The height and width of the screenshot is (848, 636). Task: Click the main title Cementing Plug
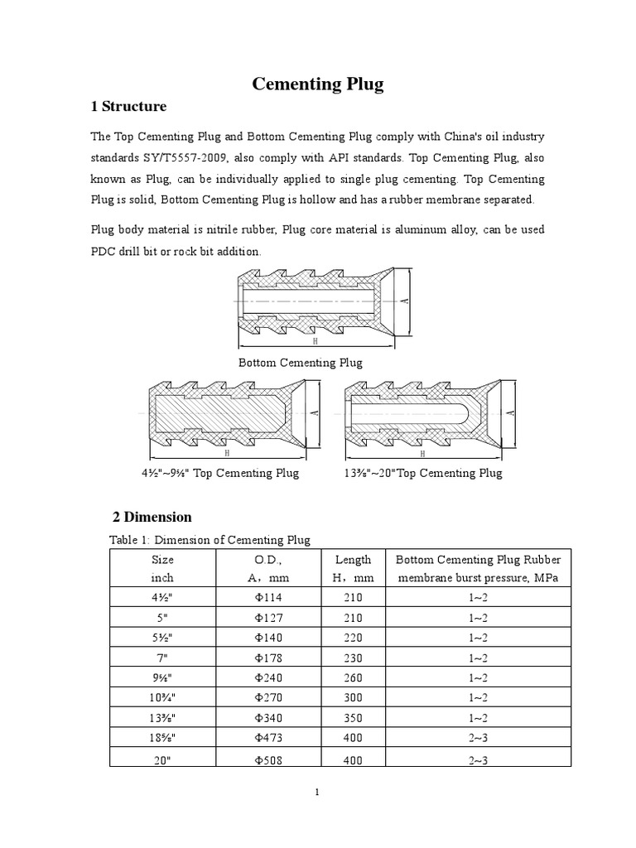[x=318, y=84]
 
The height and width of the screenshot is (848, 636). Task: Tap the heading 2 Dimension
[x=152, y=517]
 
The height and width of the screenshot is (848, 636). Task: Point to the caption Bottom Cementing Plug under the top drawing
[x=301, y=363]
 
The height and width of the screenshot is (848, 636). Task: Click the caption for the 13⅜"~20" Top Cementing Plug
[x=422, y=474]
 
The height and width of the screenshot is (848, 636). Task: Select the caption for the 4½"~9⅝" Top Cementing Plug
[x=220, y=474]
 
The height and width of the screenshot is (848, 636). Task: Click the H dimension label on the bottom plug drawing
[x=316, y=341]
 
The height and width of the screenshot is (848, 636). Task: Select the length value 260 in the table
[x=353, y=678]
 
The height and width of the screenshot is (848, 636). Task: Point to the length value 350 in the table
[x=353, y=719]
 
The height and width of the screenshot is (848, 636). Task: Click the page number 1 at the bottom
[x=317, y=793]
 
